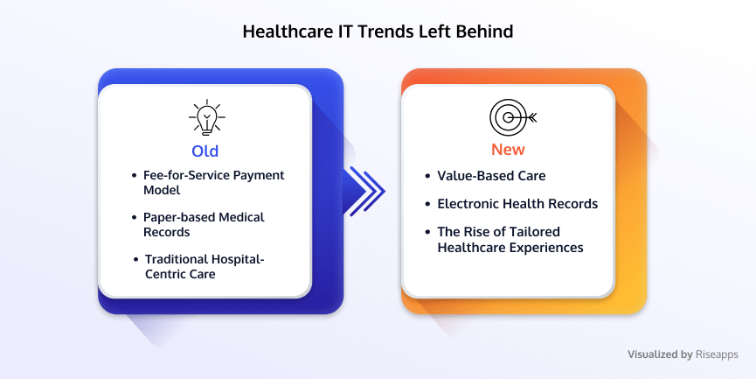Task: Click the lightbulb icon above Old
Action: pos(207,117)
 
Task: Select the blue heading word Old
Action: pos(205,151)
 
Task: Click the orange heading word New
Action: pos(508,150)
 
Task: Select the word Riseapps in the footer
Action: pos(717,354)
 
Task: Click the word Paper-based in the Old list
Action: pos(179,217)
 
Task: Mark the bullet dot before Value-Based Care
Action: pos(427,176)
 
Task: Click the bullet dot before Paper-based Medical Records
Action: pos(134,218)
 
